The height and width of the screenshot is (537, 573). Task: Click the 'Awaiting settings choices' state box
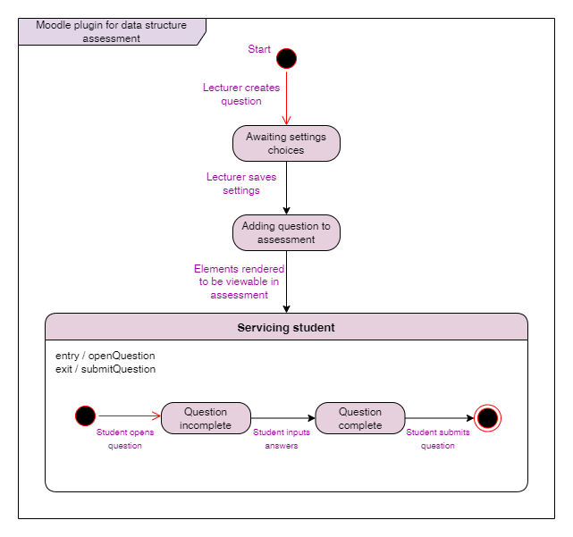(x=286, y=144)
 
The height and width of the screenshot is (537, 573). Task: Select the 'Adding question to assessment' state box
(x=286, y=232)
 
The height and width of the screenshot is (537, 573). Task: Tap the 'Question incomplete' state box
(x=206, y=418)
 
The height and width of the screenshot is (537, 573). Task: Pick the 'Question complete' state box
(x=359, y=418)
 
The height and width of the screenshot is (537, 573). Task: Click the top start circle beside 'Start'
(x=286, y=59)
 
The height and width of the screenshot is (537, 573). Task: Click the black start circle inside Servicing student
(x=85, y=415)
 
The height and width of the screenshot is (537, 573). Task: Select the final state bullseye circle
(x=487, y=418)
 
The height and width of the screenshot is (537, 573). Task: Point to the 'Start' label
(x=259, y=49)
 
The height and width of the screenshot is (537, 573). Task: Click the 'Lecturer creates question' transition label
(x=241, y=95)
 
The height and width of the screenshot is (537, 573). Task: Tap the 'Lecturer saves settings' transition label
(x=241, y=184)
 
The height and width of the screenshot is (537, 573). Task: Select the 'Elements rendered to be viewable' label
(x=240, y=281)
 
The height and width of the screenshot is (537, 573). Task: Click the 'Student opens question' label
(x=125, y=439)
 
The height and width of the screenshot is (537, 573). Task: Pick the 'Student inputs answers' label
(x=282, y=439)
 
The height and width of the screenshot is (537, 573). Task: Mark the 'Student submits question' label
(x=438, y=439)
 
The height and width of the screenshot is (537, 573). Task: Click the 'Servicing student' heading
(x=286, y=328)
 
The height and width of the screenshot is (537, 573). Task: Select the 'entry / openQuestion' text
(x=105, y=356)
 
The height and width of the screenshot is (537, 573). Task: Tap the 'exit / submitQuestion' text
(x=105, y=369)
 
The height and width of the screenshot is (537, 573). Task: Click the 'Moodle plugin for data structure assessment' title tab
(x=112, y=31)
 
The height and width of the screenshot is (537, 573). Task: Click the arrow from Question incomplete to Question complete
(x=283, y=417)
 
